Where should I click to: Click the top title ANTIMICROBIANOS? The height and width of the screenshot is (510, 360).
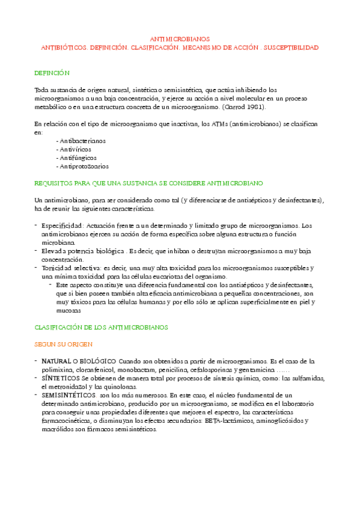(x=179, y=38)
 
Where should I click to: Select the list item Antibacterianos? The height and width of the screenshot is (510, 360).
(x=81, y=140)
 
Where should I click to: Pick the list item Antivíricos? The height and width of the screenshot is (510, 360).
(x=75, y=149)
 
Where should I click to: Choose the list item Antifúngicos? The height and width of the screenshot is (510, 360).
(x=77, y=158)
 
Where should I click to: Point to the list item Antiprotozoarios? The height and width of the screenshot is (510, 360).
(x=82, y=166)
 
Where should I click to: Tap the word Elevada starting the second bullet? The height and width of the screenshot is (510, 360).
(x=53, y=250)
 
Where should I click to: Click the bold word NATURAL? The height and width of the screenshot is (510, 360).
(x=57, y=361)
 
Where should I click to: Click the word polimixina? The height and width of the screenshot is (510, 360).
(x=56, y=369)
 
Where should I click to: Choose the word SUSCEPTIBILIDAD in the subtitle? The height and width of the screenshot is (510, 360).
(x=290, y=46)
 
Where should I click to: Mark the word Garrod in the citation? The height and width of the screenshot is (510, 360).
(x=234, y=107)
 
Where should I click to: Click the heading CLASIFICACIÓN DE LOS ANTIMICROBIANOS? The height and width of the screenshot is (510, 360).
(x=102, y=327)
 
